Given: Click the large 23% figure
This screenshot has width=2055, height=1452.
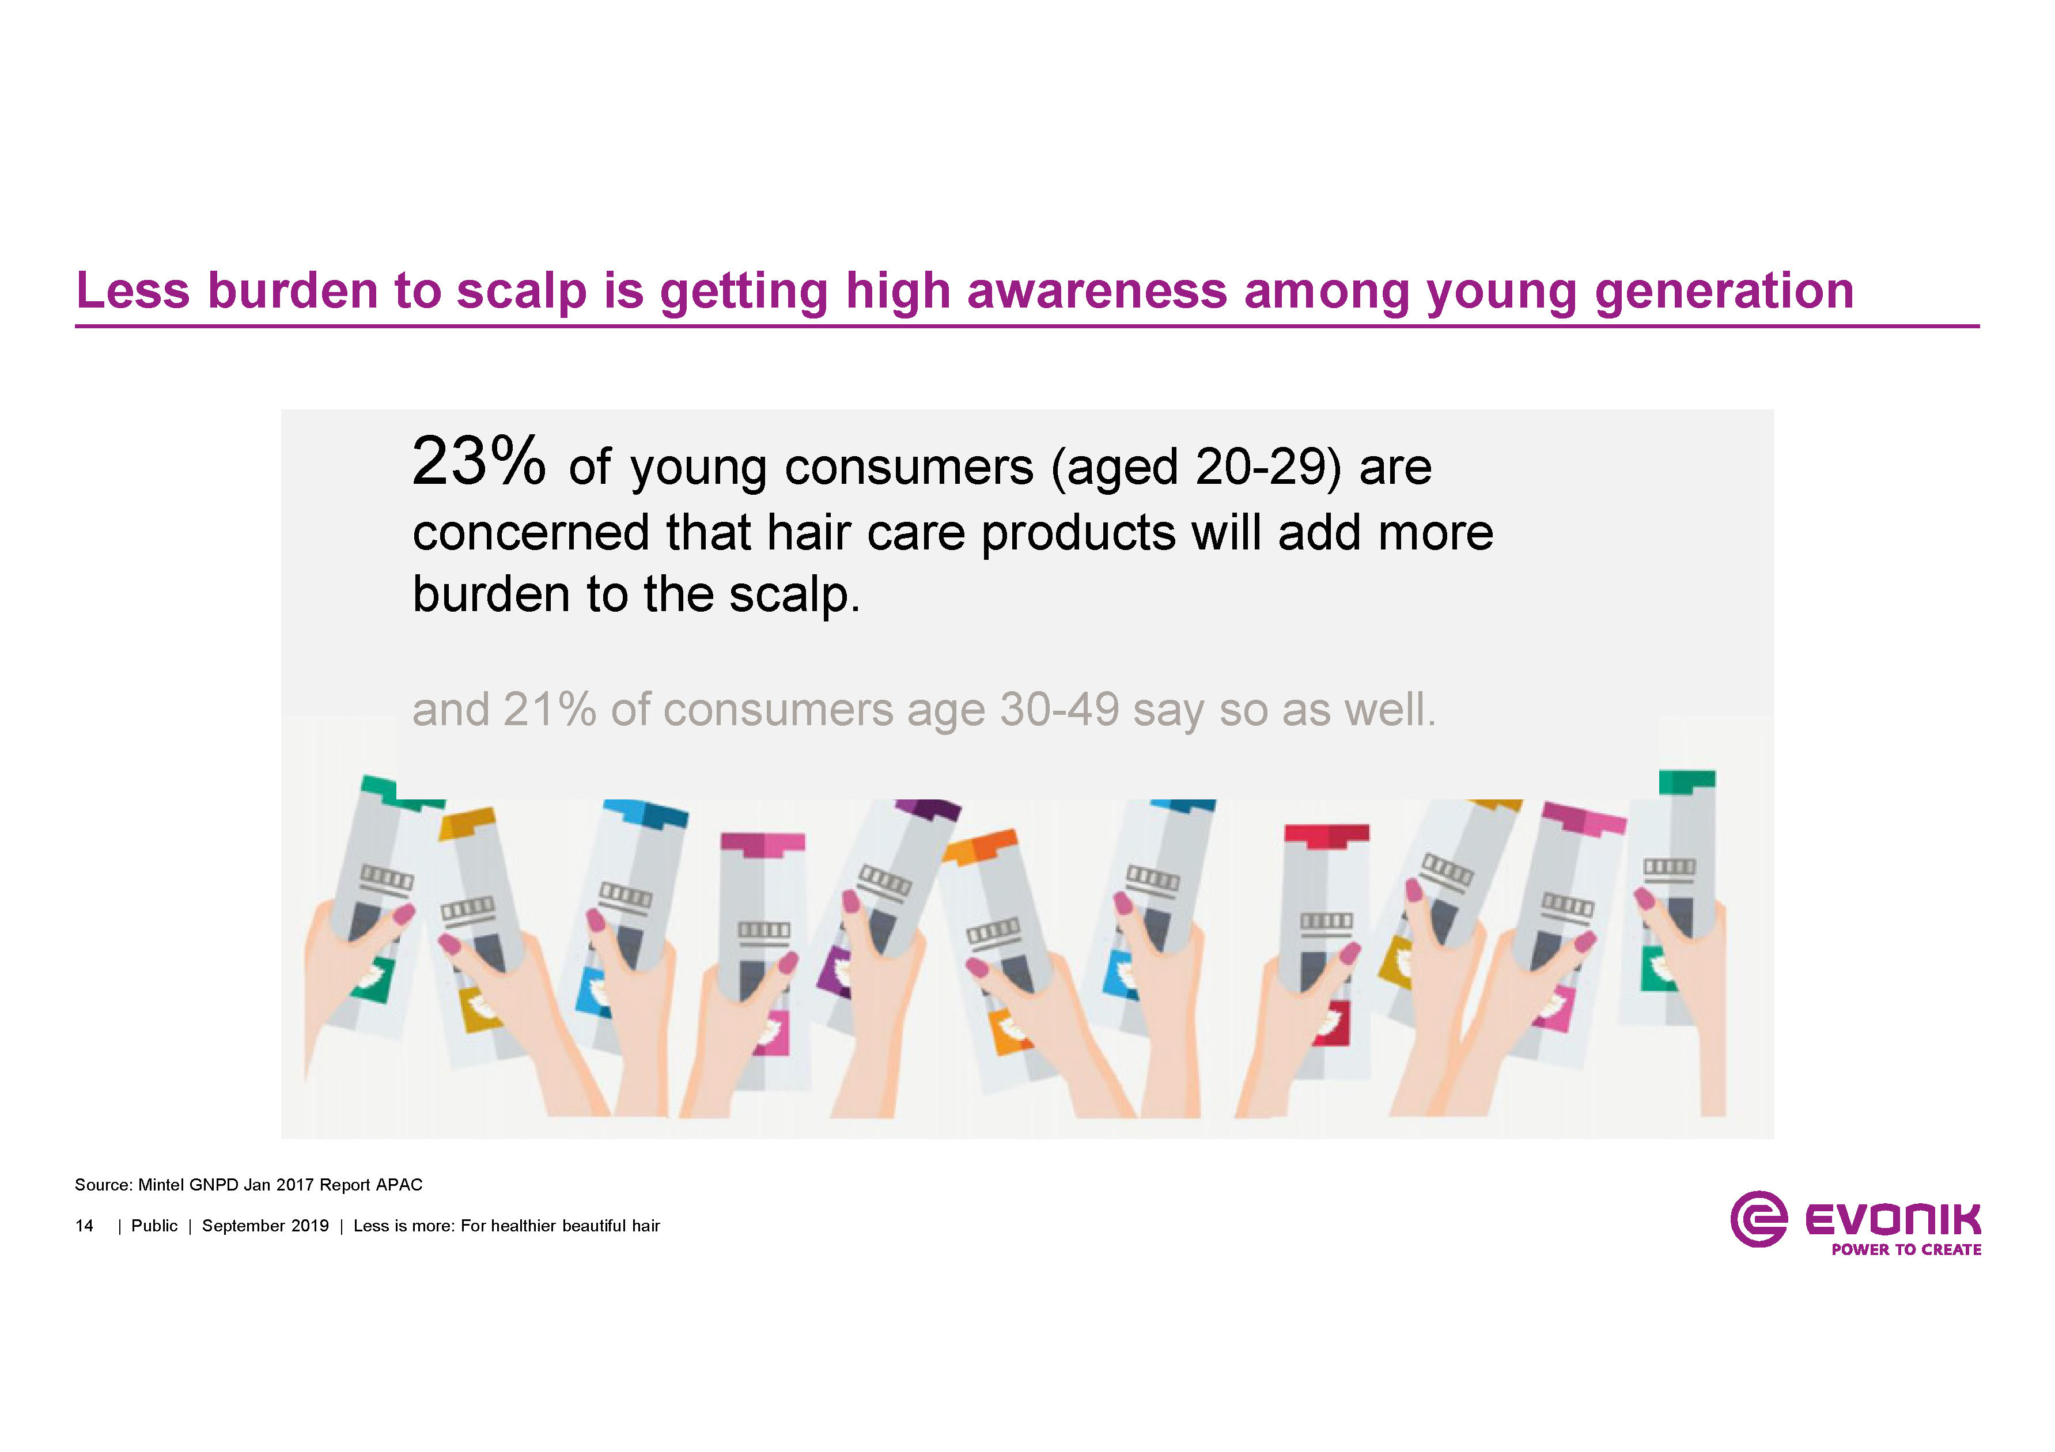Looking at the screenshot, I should [478, 462].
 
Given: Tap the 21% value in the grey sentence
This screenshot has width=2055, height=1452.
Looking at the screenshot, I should [548, 710].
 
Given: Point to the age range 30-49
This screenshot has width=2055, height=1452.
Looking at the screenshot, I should [1059, 710].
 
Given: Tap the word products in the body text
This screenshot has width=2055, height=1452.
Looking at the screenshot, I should [1077, 534].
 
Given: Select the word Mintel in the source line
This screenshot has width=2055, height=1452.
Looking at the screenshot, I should [161, 1185].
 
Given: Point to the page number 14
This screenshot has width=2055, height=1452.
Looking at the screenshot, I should [84, 1226].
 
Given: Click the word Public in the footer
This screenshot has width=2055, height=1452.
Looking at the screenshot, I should [154, 1226].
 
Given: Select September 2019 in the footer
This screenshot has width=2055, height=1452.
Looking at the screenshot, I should [265, 1226].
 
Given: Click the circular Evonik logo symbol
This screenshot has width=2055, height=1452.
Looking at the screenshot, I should [1758, 1219].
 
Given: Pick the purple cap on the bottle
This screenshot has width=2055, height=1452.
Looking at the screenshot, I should [928, 809].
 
